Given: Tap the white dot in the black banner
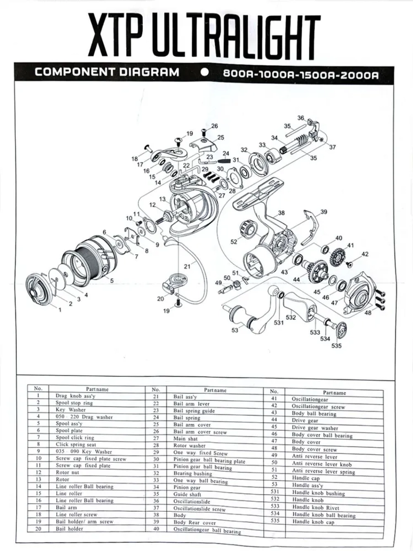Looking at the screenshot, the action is tap(205, 72).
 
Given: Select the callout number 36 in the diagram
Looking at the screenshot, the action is tap(301, 118).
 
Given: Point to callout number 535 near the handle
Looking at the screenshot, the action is tap(336, 346).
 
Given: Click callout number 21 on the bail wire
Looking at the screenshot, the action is tap(187, 266).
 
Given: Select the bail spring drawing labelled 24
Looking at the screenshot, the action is tap(224, 160).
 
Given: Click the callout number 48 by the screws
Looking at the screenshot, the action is tap(368, 313).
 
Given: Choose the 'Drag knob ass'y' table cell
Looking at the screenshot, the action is tap(75, 396).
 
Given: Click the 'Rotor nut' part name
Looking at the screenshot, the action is tap(67, 472).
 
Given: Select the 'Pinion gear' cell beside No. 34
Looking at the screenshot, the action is tap(187, 487).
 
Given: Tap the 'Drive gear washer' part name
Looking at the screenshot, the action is tap(315, 428).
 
